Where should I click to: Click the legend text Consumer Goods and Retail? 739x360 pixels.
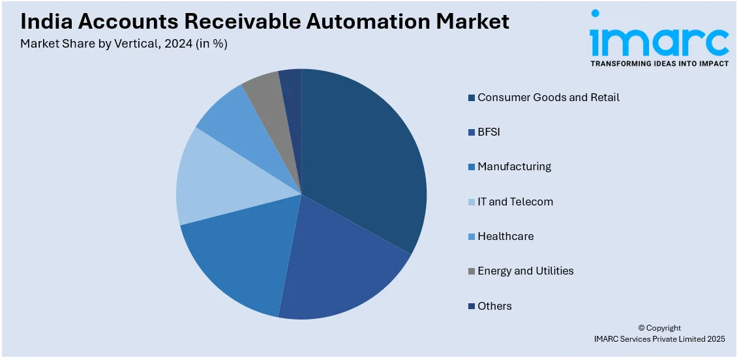[548, 97]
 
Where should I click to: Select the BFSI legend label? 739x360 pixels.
[489, 132]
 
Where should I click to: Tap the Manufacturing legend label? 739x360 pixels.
[514, 166]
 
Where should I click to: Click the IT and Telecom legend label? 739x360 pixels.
[515, 202]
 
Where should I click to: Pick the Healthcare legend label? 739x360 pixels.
[505, 236]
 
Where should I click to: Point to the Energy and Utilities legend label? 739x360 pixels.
[525, 271]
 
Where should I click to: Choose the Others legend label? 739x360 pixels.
[494, 306]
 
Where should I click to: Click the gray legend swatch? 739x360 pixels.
[471, 271]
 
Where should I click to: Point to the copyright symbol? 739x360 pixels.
[641, 328]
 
